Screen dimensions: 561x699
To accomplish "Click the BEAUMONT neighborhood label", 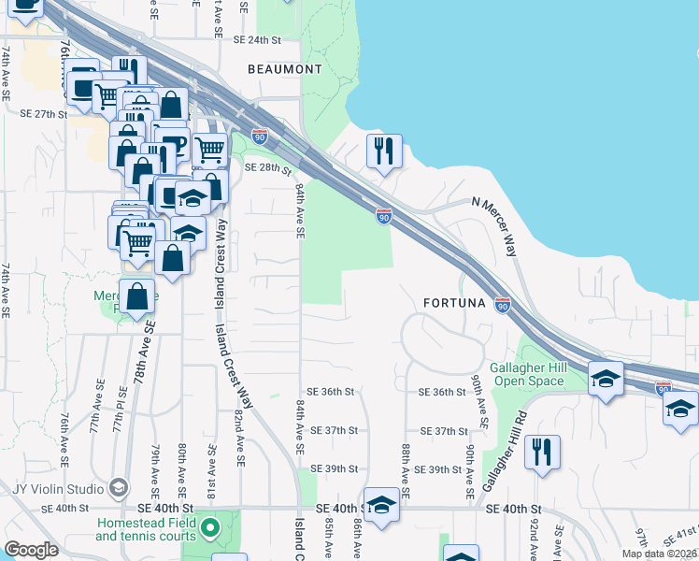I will pos(285,69).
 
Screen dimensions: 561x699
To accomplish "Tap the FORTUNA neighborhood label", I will pos(455,303).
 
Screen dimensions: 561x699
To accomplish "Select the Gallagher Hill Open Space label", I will pos(529,374).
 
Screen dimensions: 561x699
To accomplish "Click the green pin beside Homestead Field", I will pos(210,528).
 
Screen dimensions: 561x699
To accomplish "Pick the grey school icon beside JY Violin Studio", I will pos(119,487).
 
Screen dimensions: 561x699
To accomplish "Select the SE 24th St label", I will pos(257,40).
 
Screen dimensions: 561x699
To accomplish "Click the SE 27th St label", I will pos(44,114).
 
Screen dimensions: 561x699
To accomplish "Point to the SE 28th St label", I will pos(268,167).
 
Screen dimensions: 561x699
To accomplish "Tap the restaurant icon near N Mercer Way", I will pos(383,151).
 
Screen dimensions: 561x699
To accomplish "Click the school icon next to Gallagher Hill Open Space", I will pos(606,379).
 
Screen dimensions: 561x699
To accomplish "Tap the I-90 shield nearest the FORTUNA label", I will pos(503,305).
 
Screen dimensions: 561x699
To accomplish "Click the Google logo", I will pos(32,550).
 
